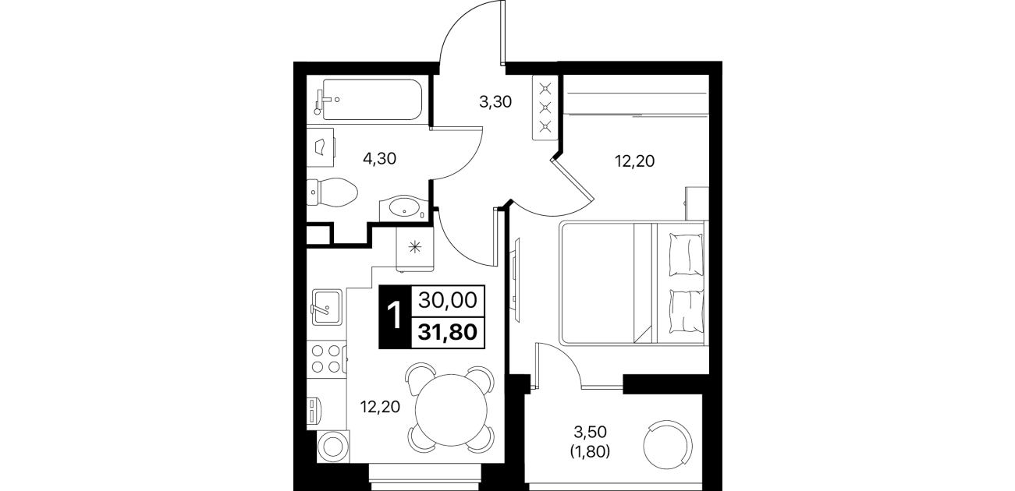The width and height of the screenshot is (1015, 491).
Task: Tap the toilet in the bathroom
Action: click(332, 193)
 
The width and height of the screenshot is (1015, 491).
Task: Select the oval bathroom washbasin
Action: click(404, 209)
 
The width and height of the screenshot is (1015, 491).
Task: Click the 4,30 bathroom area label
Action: click(380, 158)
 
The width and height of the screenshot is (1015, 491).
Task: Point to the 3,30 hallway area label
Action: click(495, 102)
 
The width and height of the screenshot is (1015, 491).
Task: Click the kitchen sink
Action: click(326, 307)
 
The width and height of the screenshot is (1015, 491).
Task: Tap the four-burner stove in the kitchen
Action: click(327, 359)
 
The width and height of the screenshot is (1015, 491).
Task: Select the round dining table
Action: click(451, 409)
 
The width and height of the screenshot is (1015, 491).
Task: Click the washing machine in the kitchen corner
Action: click(333, 447)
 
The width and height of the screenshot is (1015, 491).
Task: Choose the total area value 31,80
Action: click(448, 333)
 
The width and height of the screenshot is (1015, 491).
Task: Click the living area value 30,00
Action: click(448, 301)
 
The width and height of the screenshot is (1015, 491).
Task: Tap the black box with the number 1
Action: click(395, 316)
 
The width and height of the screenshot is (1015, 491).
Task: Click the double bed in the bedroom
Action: click(633, 283)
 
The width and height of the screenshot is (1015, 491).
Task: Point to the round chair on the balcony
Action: click(668, 445)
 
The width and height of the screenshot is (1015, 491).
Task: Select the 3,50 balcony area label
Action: click(590, 433)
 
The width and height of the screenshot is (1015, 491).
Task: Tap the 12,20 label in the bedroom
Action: click(634, 161)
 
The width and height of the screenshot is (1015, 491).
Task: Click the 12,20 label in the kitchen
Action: click(380, 408)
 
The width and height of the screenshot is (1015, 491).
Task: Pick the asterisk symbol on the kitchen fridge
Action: click(414, 246)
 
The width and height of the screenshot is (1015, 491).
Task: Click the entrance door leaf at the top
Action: click(502, 33)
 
